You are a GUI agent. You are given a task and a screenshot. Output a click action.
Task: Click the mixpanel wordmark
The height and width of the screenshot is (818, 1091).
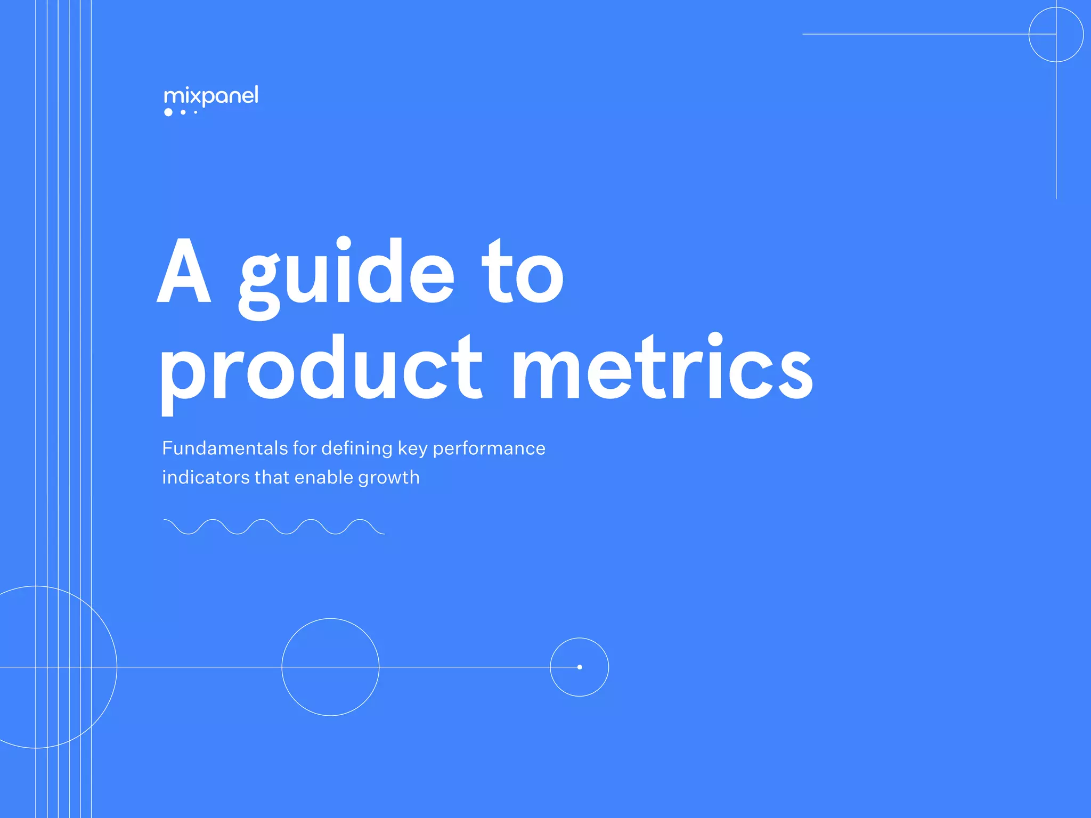click(211, 96)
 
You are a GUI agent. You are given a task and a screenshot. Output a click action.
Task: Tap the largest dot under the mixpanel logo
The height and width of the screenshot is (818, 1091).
click(168, 112)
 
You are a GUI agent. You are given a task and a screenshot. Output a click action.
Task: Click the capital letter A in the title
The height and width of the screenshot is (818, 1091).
click(184, 271)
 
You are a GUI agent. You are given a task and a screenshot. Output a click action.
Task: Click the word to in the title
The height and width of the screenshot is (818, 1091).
click(523, 271)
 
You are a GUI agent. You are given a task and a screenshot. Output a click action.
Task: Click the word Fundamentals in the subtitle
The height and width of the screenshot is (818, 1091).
click(225, 448)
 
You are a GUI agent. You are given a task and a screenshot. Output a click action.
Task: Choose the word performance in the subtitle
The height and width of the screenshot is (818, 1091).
click(488, 449)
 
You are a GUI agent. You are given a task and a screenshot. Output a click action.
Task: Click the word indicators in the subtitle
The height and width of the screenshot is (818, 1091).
click(206, 477)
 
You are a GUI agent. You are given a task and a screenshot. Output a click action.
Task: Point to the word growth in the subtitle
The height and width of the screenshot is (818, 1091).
click(389, 478)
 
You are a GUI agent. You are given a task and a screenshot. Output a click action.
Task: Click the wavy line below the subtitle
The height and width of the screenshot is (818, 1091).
click(274, 527)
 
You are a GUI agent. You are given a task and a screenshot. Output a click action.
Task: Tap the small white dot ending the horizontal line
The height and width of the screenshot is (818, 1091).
click(580, 667)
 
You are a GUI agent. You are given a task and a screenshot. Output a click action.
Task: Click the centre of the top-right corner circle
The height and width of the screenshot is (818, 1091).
click(1056, 35)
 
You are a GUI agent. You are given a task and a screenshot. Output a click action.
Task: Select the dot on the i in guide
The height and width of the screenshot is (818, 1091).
click(344, 244)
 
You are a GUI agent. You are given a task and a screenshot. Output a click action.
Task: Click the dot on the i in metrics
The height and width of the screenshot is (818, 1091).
click(715, 339)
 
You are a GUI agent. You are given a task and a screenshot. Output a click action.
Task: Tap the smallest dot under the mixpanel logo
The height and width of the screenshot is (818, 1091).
click(196, 112)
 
